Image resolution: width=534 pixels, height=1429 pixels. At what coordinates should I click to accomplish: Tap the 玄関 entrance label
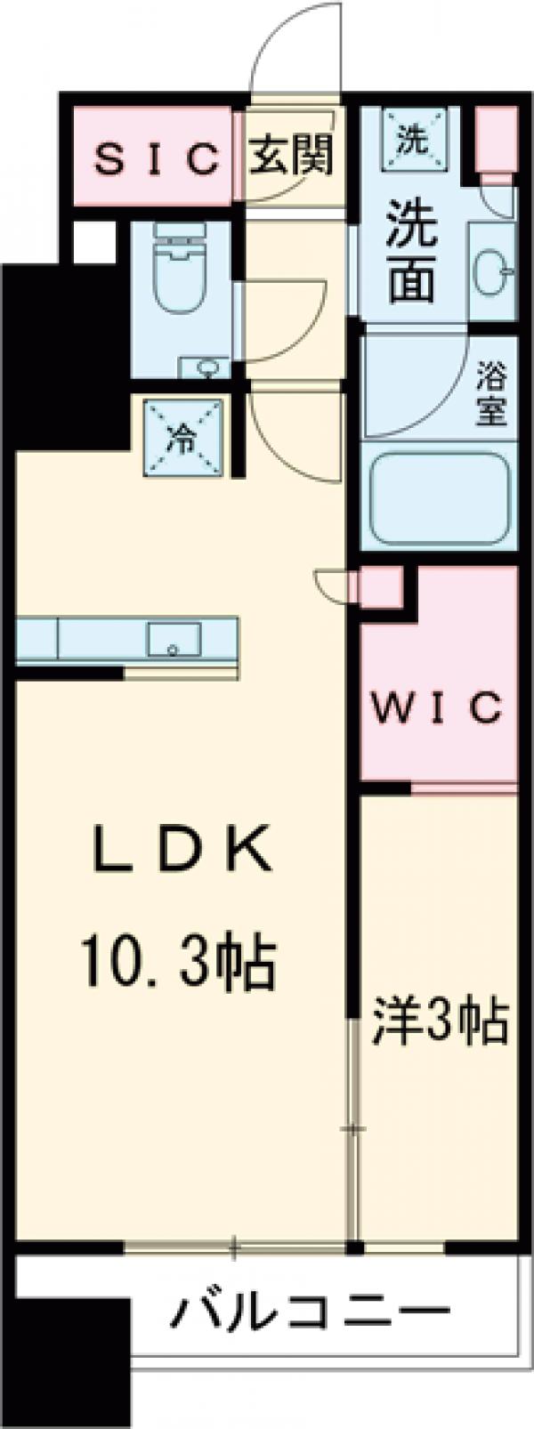pyautogui.click(x=290, y=157)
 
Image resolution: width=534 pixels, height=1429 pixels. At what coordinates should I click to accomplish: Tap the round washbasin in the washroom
pyautogui.click(x=490, y=270)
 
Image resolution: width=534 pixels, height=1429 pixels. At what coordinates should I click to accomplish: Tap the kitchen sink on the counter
pyautogui.click(x=174, y=637)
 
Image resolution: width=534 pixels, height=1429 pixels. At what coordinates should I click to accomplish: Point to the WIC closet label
pyautogui.click(x=437, y=709)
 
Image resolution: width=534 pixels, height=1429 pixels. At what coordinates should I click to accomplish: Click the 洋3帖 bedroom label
pyautogui.click(x=439, y=1024)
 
